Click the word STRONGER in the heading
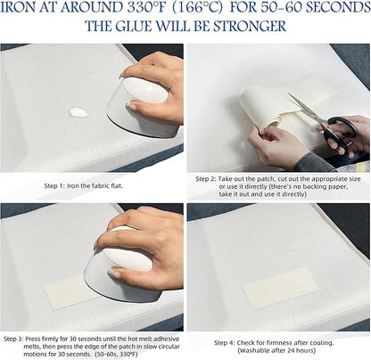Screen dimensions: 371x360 click(250, 26)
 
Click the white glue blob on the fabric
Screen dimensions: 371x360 click(78, 112)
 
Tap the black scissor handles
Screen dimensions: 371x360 click(341, 132)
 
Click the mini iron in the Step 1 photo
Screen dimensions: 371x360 click(142, 108)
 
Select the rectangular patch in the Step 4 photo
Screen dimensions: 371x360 click(281, 288)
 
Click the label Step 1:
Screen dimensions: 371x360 click(54, 186)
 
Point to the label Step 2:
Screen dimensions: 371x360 click(206, 179)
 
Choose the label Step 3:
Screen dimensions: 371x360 click(13, 339)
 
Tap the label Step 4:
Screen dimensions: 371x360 click(225, 343)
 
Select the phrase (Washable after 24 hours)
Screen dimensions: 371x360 click(276, 350)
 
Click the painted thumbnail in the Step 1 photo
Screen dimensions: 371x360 click(131, 105)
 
